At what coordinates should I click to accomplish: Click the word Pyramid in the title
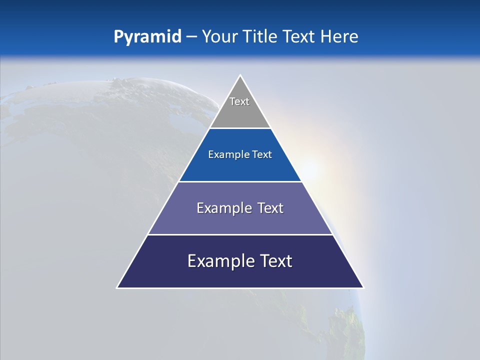147,37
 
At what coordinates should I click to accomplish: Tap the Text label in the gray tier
239,101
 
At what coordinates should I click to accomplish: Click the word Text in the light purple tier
270,208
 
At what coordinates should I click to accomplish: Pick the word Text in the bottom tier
276,261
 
